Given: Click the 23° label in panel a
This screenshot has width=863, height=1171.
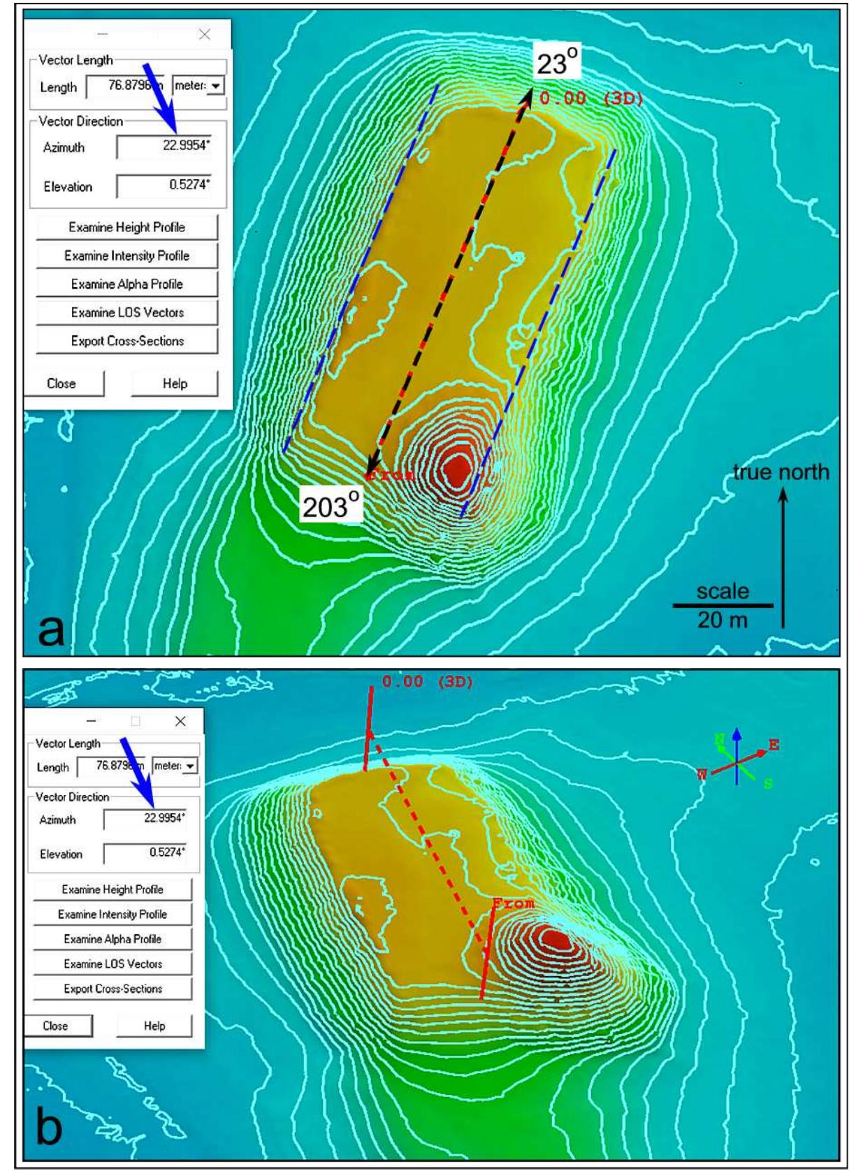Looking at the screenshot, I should pos(558,64).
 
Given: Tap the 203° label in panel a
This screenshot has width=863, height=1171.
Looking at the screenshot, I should pos(331,504).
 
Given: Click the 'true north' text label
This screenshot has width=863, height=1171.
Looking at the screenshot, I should pos(781,473).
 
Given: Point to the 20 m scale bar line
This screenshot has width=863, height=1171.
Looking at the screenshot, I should pos(723,605).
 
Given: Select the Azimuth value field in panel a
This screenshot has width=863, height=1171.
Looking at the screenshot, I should pos(164,147).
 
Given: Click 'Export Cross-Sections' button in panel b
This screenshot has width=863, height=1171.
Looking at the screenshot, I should pos(113,989).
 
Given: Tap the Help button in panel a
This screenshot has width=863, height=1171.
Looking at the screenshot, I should pos(175,384).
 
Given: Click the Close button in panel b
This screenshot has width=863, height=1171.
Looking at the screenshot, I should pos(56,1026).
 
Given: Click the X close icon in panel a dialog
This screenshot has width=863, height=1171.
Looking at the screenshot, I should pos(204,34).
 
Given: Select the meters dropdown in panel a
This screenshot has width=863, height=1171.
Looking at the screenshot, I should pos(198,86).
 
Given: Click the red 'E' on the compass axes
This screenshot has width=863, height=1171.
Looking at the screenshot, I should pos(774,745).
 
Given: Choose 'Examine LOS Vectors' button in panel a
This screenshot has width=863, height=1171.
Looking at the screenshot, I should pos(127,312).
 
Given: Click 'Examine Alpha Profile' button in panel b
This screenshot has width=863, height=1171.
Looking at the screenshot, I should pos(113,939).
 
